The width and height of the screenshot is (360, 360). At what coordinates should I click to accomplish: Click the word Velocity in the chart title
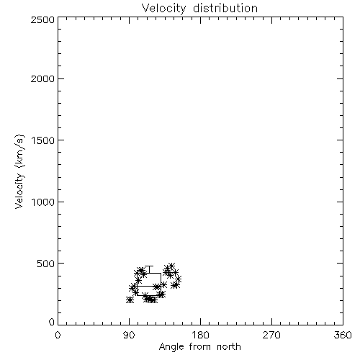(163, 9)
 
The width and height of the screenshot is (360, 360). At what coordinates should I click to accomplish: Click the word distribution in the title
(225, 8)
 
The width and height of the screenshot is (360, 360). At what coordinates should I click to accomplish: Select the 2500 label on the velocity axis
(42, 19)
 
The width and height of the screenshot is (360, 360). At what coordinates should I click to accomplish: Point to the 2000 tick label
(42, 79)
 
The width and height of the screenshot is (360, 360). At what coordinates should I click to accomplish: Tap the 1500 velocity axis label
(43, 140)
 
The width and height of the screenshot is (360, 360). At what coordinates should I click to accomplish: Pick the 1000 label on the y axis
(43, 202)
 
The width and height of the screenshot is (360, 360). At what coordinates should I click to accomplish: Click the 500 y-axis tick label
(45, 264)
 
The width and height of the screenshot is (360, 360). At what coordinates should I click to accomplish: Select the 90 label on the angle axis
(129, 335)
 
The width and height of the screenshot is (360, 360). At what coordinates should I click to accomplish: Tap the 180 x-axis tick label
(200, 335)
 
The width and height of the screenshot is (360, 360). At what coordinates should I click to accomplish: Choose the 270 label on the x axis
(271, 335)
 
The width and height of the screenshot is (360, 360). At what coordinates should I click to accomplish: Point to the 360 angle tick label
(343, 335)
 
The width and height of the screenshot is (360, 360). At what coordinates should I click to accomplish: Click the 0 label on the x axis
(58, 335)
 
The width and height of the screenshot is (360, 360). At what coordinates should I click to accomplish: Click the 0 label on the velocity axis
(52, 322)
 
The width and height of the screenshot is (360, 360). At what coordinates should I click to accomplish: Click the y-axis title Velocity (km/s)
(19, 171)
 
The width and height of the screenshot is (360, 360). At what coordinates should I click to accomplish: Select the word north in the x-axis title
(229, 347)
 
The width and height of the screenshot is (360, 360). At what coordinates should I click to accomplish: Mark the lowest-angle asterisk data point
(130, 300)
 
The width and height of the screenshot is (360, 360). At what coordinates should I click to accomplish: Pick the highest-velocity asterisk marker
(171, 266)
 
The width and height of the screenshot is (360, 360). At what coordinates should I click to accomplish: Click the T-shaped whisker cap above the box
(149, 266)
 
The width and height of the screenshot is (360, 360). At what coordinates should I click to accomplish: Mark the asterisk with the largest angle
(178, 279)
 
